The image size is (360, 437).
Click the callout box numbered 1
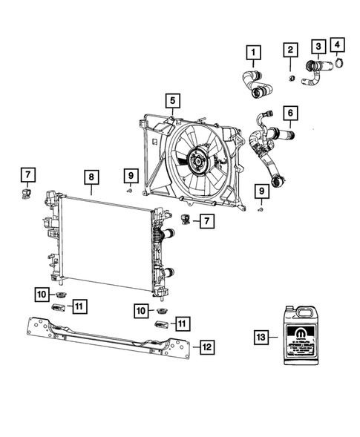pos(254,52)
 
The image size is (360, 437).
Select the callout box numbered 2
pos(291,50)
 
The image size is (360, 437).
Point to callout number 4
pos(338,45)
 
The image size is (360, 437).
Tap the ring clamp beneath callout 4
pos(340,64)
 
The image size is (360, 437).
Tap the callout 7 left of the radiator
pos(26,175)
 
